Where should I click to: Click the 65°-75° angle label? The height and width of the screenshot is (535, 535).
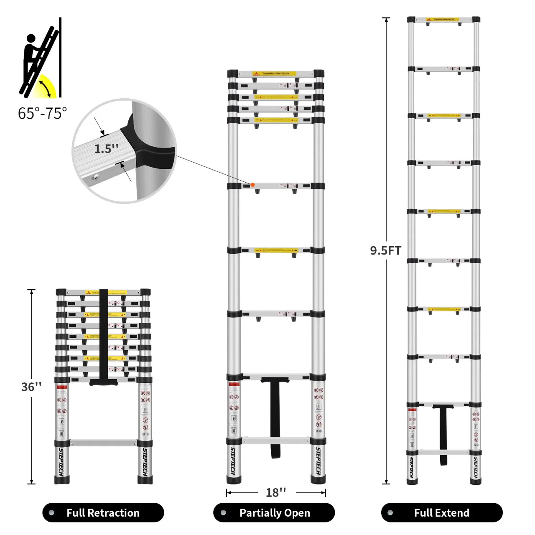tap(42, 113)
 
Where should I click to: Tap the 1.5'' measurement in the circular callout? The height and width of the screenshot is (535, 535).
tap(106, 149)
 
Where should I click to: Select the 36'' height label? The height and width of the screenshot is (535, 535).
tap(31, 387)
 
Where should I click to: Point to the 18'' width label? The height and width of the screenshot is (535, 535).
tap(276, 493)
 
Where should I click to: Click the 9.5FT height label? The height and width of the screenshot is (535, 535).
tap(385, 250)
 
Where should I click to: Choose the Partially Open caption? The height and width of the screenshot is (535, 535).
tap(274, 513)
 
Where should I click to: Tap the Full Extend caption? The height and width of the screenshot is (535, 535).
tap(441, 513)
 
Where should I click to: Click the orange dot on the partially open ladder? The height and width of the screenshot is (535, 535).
tap(252, 185)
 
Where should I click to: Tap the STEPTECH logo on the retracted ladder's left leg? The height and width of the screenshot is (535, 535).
tap(61, 462)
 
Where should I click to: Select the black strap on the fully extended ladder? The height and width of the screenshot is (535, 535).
tap(443, 435)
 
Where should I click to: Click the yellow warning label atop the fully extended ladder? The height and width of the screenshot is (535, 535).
tap(443, 19)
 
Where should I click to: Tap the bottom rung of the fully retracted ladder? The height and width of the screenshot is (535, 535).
tap(103, 443)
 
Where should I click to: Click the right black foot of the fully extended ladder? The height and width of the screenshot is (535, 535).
tap(476, 481)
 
